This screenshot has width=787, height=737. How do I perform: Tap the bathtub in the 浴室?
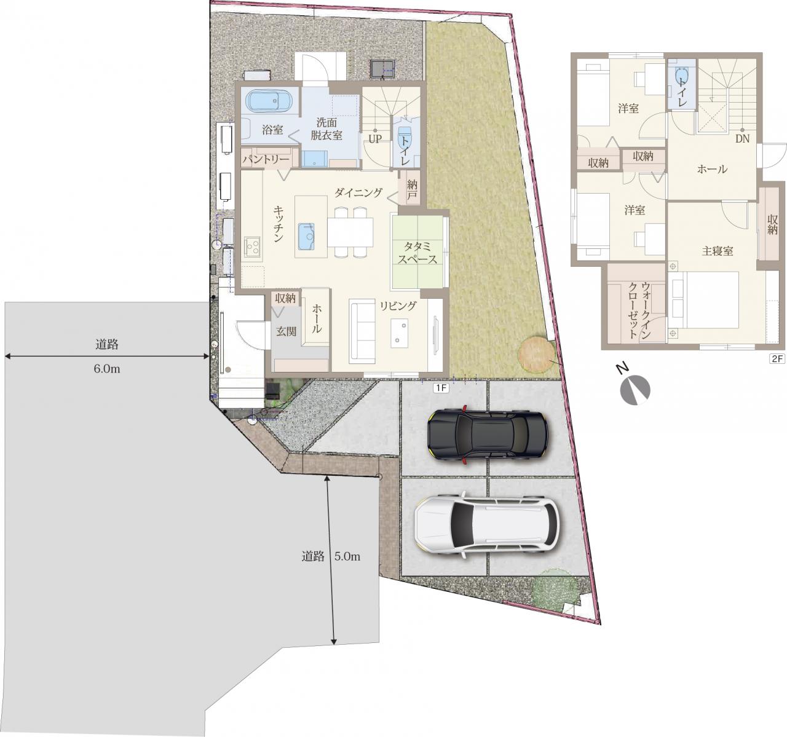click(x=269, y=101)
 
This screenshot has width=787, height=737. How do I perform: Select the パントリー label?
click(x=266, y=160)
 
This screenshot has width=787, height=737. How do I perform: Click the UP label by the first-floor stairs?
click(x=375, y=139)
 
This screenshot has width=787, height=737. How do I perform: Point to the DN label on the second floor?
click(x=742, y=139)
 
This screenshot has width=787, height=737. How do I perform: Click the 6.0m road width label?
click(x=107, y=369)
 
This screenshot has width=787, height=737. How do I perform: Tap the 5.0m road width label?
click(x=347, y=556)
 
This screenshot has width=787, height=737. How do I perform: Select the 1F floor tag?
click(x=441, y=388)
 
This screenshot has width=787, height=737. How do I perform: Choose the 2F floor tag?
click(x=777, y=359)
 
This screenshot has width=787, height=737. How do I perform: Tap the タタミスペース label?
click(x=417, y=253)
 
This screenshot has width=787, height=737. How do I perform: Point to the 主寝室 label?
click(x=718, y=251)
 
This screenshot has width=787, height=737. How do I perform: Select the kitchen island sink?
click(x=306, y=237)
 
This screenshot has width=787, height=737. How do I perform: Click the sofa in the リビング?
click(x=362, y=332)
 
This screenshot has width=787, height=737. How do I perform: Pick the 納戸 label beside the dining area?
click(x=412, y=189)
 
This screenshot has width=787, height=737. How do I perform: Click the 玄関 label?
click(x=286, y=331)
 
